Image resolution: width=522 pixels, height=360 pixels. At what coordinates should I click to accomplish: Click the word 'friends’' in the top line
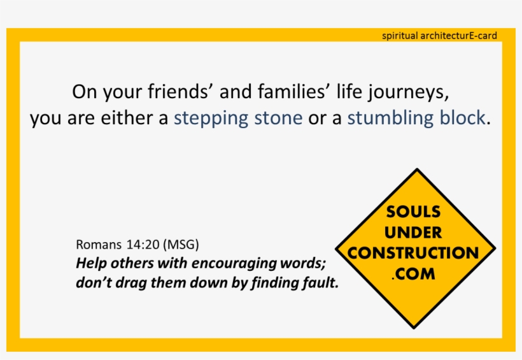point(181,92)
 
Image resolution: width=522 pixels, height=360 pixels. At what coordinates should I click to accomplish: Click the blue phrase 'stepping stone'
point(238,119)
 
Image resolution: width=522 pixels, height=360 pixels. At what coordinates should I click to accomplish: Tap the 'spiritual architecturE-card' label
point(439,36)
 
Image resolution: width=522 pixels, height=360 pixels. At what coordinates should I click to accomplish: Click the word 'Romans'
point(94,245)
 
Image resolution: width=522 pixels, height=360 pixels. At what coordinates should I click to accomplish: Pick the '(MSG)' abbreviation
point(181,245)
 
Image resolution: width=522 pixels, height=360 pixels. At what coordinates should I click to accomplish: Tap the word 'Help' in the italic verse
point(89,263)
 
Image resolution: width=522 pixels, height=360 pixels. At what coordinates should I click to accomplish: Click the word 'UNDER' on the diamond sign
point(413,233)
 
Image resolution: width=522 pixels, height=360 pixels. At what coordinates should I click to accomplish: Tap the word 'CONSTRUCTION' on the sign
point(413,253)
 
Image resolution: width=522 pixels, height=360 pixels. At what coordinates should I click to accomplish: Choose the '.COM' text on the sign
point(413,274)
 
